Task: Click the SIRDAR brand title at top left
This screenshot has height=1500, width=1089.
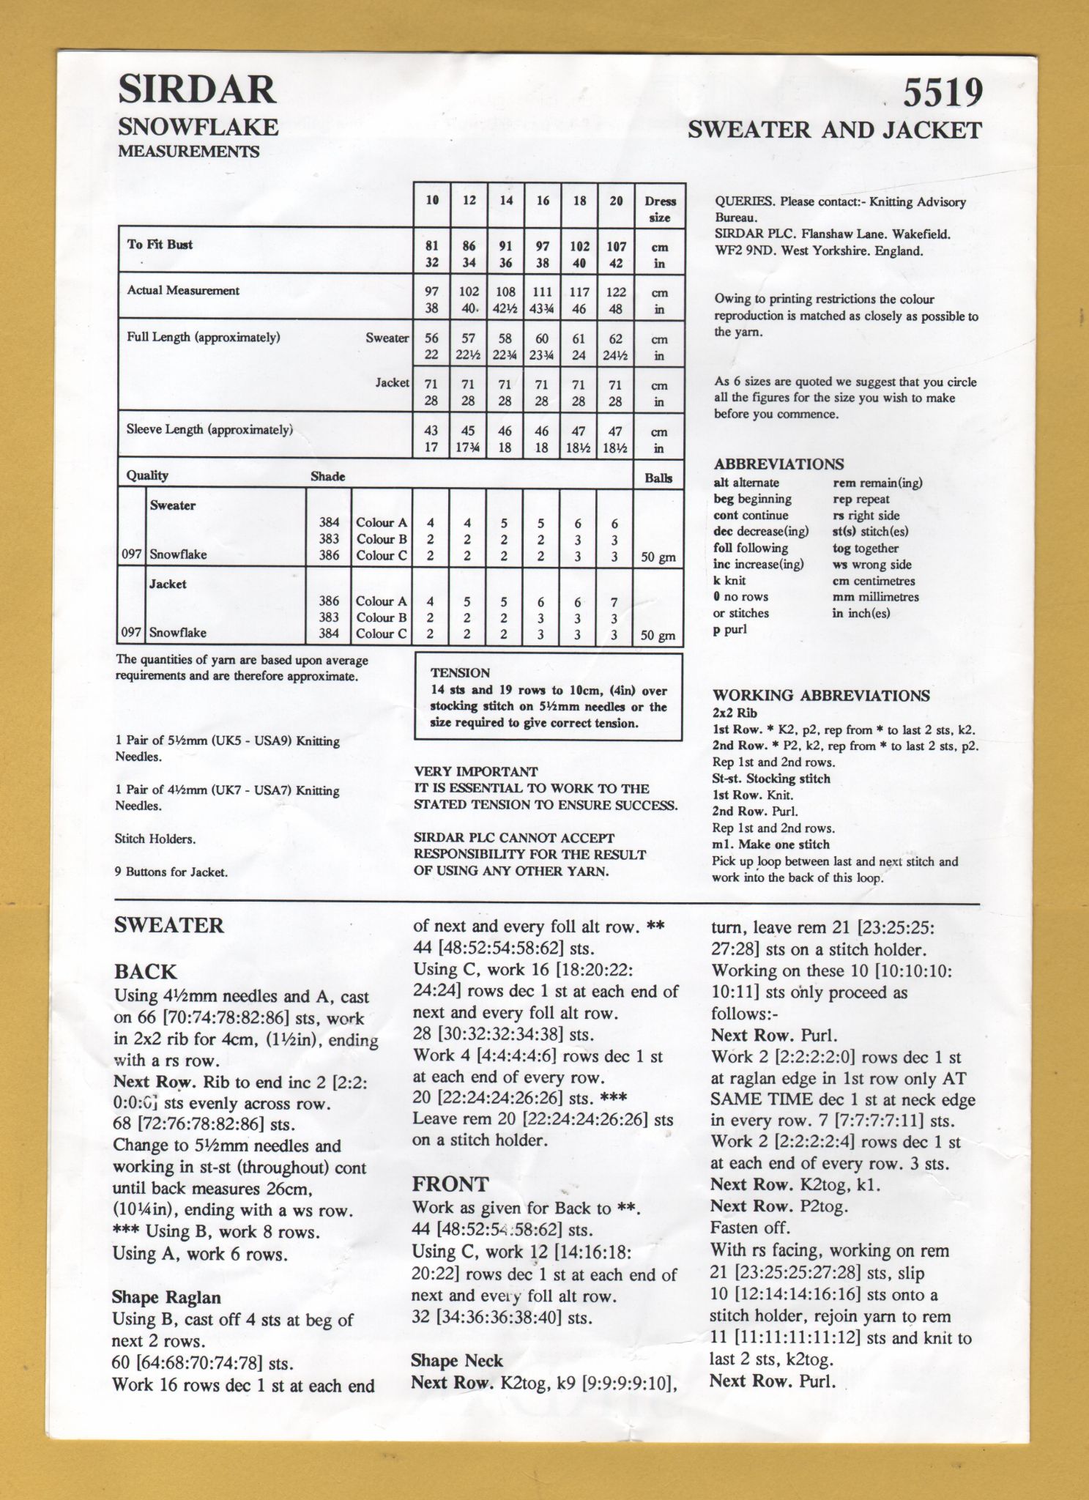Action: [x=197, y=90]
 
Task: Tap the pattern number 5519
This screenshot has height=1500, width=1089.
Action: [x=942, y=94]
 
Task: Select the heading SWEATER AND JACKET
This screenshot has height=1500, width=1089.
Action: [x=834, y=130]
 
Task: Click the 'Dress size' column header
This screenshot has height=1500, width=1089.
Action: [x=659, y=209]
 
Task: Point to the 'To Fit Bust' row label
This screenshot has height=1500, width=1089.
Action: [x=160, y=245]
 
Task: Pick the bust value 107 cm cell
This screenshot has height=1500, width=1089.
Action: [x=615, y=248]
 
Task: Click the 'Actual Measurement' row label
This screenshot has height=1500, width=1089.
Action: [x=183, y=291]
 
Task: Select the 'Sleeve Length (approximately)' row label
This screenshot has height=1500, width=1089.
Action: [x=209, y=430]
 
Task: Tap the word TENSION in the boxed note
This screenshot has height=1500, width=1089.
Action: [x=460, y=672]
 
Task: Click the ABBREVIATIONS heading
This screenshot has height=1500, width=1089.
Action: [x=778, y=464]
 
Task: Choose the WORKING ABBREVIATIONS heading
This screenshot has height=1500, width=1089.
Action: [x=821, y=696]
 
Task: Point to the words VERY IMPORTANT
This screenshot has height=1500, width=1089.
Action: [x=476, y=772]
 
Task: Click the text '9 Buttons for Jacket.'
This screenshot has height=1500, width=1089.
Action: [x=171, y=872]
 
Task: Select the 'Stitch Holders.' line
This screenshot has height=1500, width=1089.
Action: [x=155, y=839]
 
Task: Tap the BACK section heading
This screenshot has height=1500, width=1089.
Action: [x=145, y=972]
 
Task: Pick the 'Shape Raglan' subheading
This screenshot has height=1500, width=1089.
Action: [x=166, y=1298]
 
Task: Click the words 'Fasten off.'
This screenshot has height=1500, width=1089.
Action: [x=750, y=1228]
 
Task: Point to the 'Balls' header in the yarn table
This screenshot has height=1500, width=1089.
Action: [x=658, y=478]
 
